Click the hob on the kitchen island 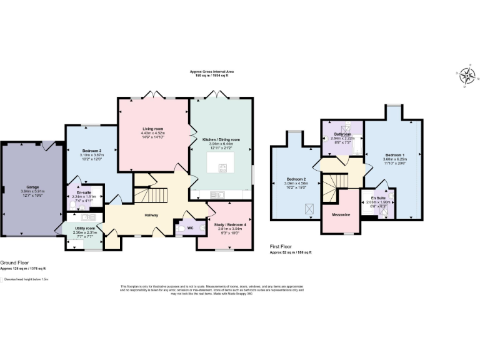point(222,167)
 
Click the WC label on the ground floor point(190,228)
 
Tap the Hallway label point(151,215)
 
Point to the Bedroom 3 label point(91,151)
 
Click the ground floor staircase point(151,196)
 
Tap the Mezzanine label point(341,215)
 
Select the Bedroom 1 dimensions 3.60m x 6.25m point(394,159)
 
